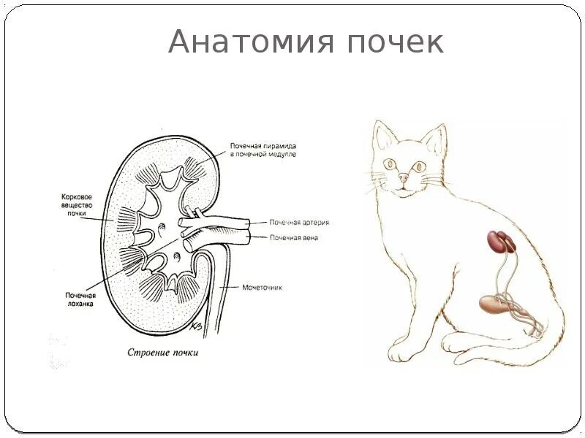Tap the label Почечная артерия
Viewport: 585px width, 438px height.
298,222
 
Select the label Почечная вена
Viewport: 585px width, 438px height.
294,237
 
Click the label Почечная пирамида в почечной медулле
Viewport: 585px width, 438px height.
263,150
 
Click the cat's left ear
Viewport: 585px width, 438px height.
382,134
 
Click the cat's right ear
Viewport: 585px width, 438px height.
436,137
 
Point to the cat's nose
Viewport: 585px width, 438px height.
404,177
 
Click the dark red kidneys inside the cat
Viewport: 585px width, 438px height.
501,242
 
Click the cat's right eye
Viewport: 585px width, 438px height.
420,166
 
